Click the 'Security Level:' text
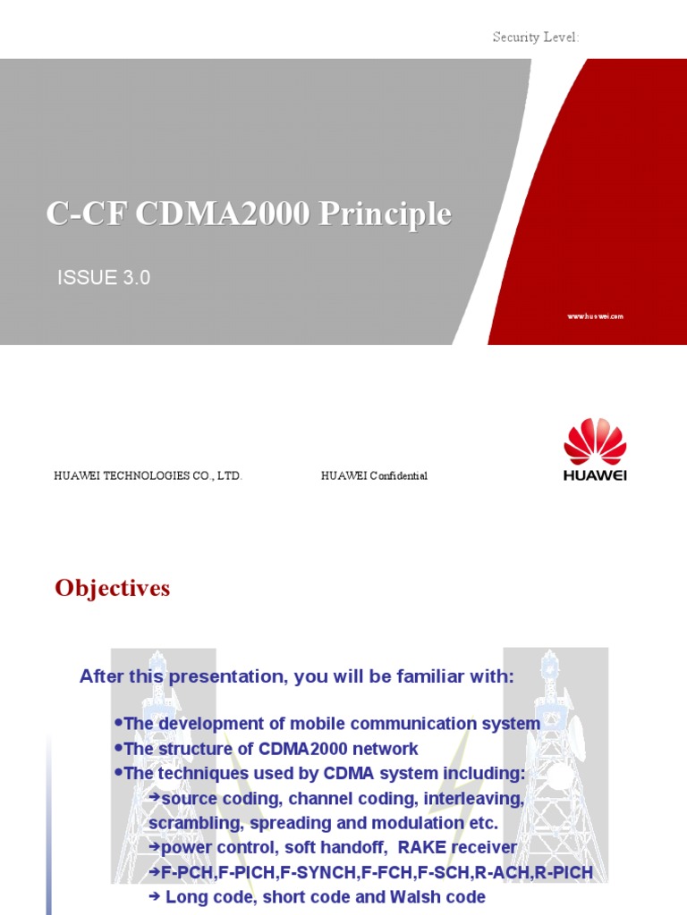coord(536,38)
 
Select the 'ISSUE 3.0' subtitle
coord(104,278)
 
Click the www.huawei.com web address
coord(595,316)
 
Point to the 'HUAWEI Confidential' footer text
coord(374,476)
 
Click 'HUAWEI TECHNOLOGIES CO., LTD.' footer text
coord(148,476)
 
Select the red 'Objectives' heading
coord(112,588)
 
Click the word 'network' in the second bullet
coord(387,749)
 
